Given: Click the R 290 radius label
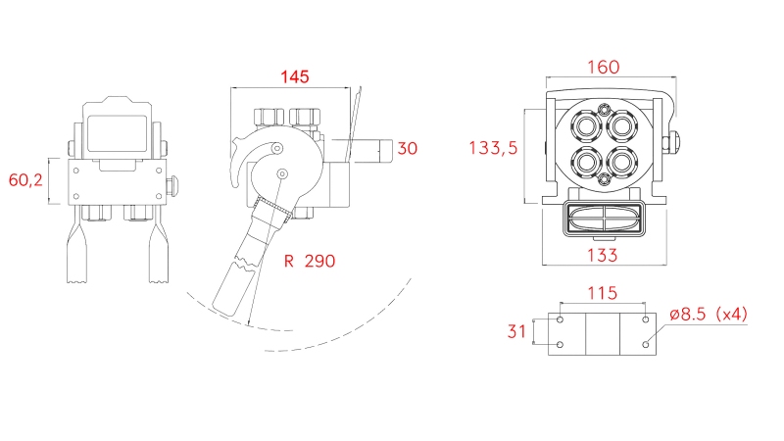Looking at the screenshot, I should (309, 262).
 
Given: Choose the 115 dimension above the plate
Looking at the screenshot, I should (603, 292).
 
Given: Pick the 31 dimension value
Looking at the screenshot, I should (517, 331).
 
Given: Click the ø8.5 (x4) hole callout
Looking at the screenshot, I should (709, 315).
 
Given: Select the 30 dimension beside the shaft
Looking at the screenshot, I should (409, 149).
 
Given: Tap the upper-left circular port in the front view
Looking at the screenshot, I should (586, 126).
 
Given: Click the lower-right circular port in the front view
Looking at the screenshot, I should (622, 160).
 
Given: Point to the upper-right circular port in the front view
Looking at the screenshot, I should (622, 126).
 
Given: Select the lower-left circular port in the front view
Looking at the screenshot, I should (586, 160).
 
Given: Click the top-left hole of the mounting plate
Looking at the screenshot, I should (560, 320).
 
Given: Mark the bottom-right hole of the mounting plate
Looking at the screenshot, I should (646, 344).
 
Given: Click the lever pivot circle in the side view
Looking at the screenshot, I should (282, 174).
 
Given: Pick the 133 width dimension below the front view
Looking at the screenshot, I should (603, 256).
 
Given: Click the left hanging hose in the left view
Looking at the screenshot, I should (76, 252).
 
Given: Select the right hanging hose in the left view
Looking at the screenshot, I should (158, 252).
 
